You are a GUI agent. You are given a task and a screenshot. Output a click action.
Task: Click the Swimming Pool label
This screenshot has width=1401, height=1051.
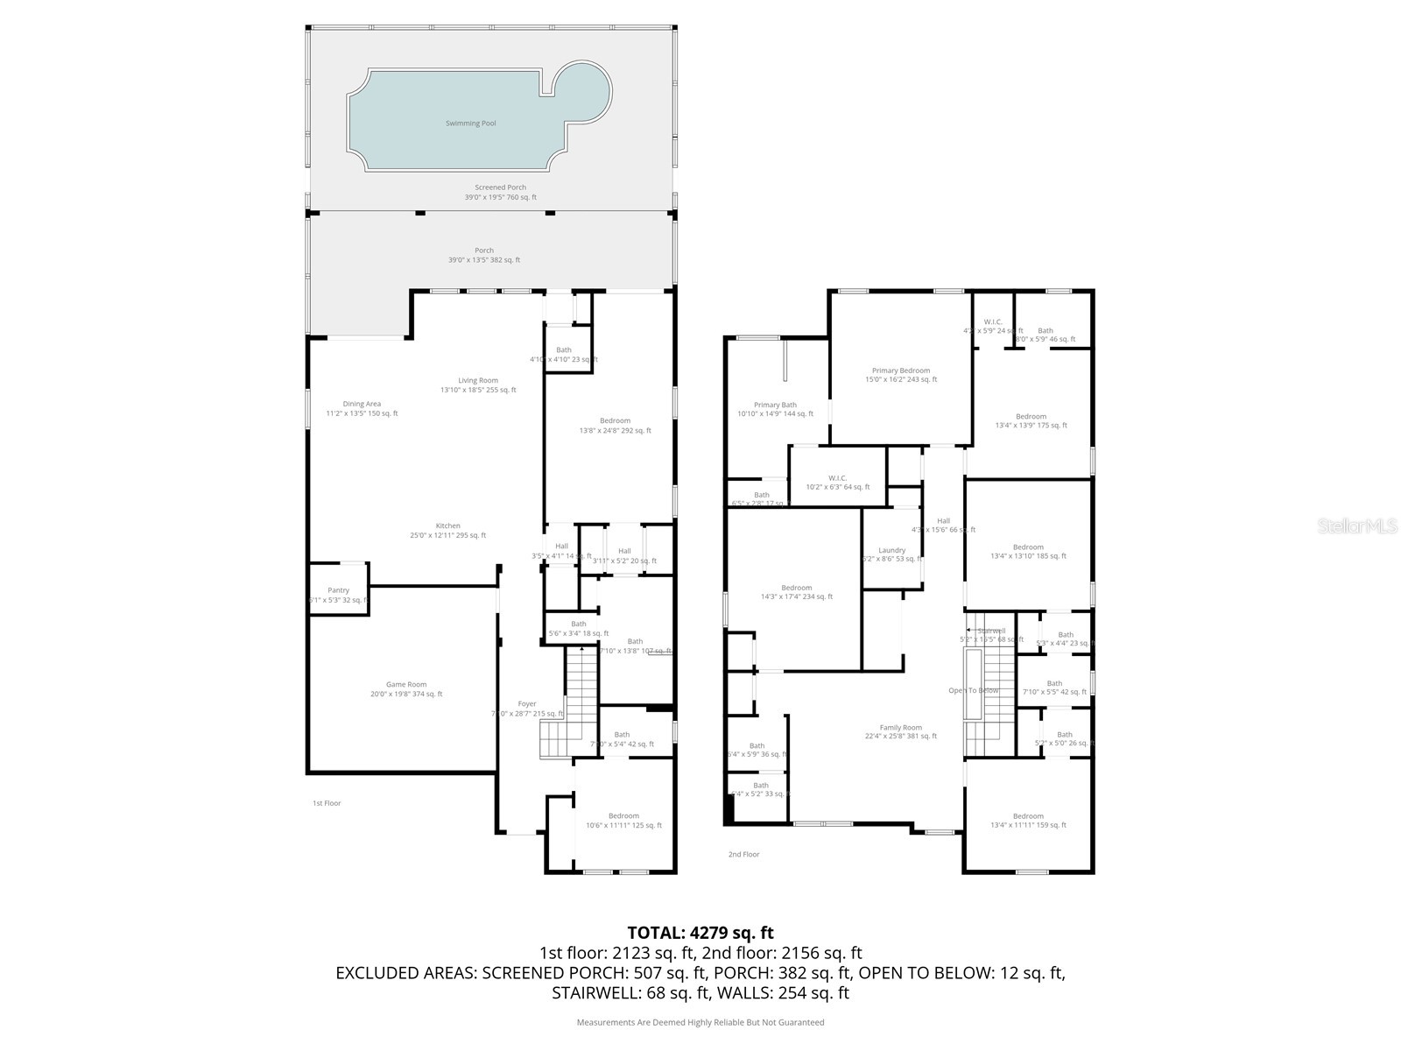click(x=470, y=123)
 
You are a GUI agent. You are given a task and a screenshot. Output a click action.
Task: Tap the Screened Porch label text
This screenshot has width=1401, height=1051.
click(x=500, y=187)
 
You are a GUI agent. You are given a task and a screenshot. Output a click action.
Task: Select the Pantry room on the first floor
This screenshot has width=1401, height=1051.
click(x=338, y=590)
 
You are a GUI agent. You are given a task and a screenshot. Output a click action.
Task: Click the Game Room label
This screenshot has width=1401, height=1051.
click(x=406, y=685)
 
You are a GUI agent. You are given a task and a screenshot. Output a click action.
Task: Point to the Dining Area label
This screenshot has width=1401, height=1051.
click(x=361, y=404)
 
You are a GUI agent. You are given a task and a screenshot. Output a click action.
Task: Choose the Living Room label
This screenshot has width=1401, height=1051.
click(x=478, y=381)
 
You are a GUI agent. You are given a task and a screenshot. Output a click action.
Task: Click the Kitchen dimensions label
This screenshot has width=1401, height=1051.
click(x=447, y=535)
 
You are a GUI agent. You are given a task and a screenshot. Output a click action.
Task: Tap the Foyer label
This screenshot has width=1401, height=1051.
click(x=527, y=704)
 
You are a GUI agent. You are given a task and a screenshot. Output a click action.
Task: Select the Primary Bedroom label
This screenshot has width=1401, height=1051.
click(x=900, y=370)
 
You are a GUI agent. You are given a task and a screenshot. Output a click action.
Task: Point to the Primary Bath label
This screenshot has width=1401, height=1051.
click(x=775, y=405)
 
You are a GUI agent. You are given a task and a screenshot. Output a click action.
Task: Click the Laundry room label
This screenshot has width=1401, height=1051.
click(x=891, y=550)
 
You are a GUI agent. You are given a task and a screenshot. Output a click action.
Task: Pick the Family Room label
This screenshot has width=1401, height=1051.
click(x=900, y=728)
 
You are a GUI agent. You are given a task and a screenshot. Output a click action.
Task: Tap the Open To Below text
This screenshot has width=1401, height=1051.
click(x=973, y=690)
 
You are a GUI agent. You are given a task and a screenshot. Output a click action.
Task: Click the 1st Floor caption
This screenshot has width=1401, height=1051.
click(x=327, y=803)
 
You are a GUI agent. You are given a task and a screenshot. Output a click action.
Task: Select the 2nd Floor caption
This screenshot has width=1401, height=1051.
click(x=743, y=854)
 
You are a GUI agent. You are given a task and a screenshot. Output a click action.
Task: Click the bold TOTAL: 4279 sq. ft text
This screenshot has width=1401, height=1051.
click(x=700, y=933)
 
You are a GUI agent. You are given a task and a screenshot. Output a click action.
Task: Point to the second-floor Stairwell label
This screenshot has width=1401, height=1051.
click(x=991, y=631)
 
